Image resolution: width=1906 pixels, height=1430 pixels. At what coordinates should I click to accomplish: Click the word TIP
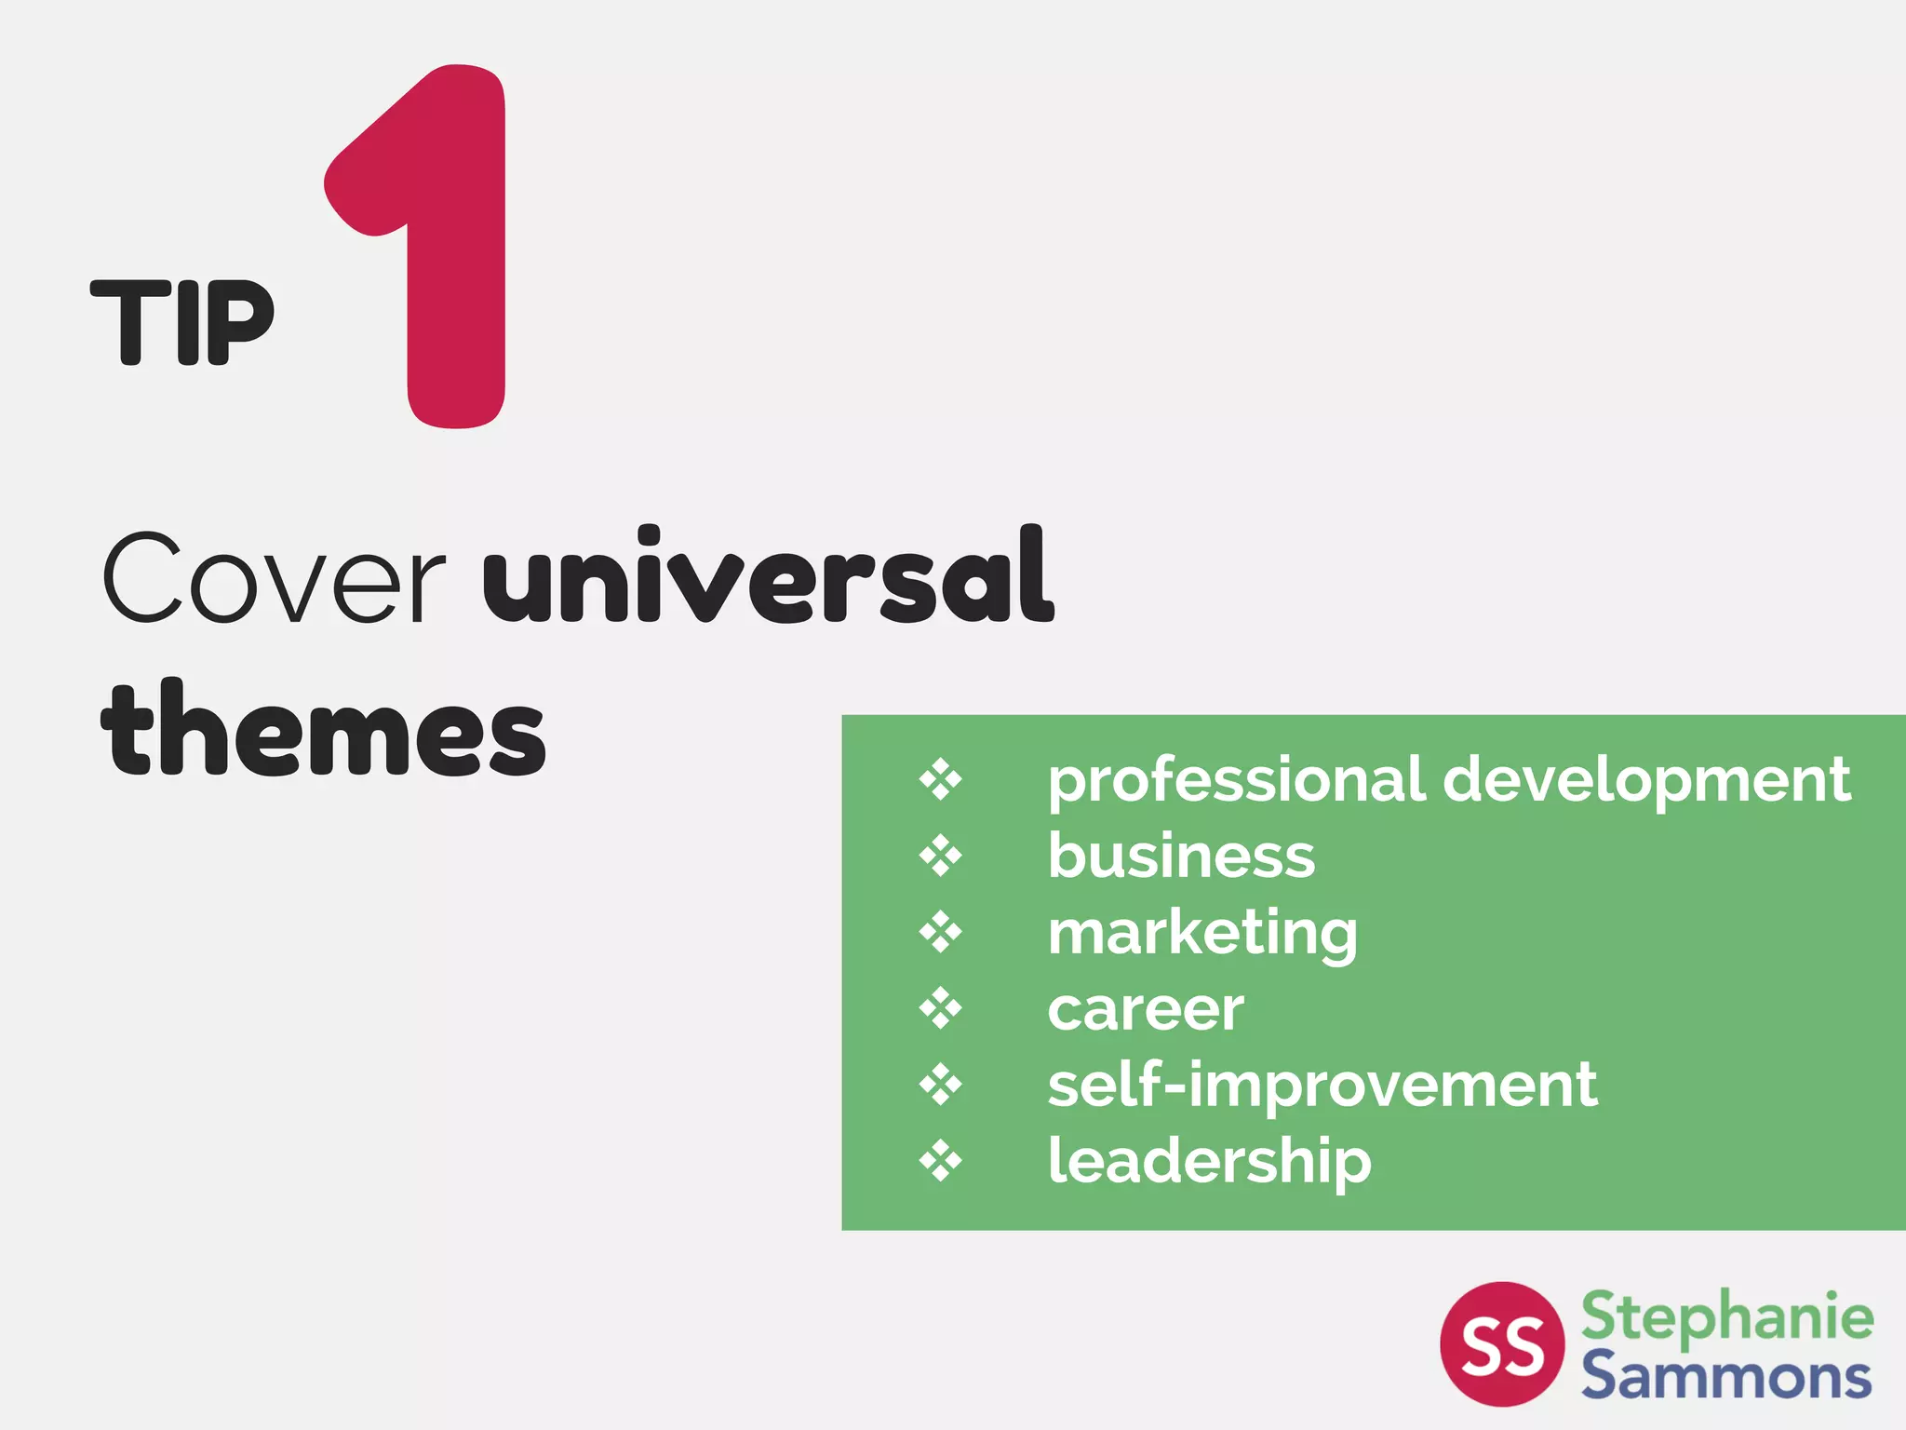[x=182, y=322]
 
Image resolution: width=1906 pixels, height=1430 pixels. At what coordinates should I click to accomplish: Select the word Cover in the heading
[x=273, y=578]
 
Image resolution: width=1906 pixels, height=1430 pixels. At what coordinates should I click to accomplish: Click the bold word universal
[x=769, y=578]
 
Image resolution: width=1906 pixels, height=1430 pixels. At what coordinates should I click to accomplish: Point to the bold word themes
[x=324, y=732]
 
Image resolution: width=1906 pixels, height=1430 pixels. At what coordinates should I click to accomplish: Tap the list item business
[x=1181, y=856]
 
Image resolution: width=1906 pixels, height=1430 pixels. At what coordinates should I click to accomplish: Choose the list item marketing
[x=1202, y=934]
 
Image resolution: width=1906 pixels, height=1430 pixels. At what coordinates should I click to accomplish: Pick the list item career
[x=1146, y=1009]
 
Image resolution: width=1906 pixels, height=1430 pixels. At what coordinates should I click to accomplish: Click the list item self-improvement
[x=1322, y=1086]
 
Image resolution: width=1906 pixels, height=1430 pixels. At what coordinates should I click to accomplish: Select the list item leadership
[x=1209, y=1162]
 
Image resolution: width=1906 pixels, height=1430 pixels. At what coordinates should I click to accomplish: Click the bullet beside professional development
[x=941, y=779]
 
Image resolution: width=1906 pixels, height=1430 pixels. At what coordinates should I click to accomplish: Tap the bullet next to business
[x=941, y=856]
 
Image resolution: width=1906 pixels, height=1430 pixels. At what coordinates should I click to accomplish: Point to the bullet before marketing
[x=941, y=932]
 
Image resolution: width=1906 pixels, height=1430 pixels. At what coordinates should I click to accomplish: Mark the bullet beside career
[x=941, y=1008]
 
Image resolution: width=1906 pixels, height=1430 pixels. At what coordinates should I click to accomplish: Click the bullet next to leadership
[x=941, y=1161]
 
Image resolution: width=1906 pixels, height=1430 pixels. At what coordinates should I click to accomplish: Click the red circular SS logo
[x=1502, y=1343]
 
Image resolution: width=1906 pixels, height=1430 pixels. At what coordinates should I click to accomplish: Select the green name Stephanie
[x=1727, y=1316]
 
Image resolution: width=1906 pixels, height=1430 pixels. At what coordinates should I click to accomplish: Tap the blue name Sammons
[x=1726, y=1376]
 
